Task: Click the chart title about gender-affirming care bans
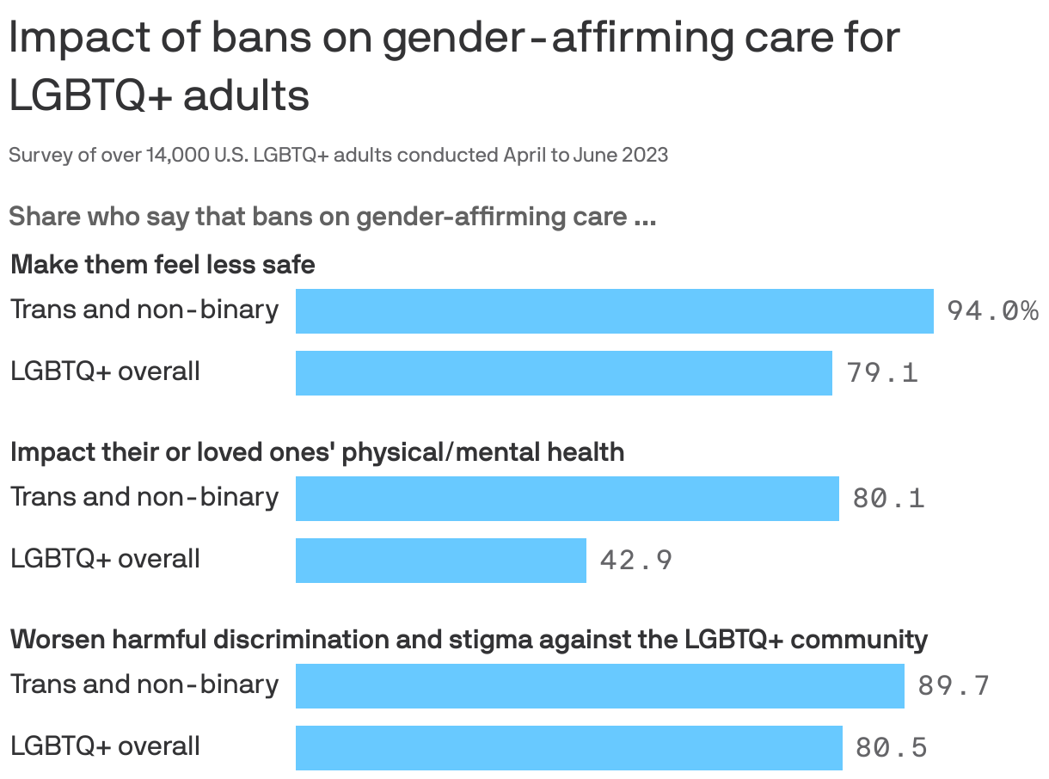coord(454,66)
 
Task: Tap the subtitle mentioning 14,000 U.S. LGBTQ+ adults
coord(338,156)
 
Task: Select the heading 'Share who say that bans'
coord(332,217)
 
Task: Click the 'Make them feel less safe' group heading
coord(163,264)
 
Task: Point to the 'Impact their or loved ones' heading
coord(317,451)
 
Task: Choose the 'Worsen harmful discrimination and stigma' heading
coord(469,639)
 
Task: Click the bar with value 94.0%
coord(614,310)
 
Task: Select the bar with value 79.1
coord(563,372)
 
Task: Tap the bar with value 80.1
coord(567,498)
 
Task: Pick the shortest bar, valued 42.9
coord(440,560)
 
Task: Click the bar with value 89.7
coord(599,685)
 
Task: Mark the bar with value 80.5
coord(568,747)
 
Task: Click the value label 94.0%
coord(992,310)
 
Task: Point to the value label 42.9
coord(635,561)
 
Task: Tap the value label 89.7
coord(954,686)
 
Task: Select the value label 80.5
coord(891,748)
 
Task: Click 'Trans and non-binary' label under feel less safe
coord(144,310)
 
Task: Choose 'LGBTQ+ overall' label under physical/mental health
coord(105,559)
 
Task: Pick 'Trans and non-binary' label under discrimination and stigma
coord(144,684)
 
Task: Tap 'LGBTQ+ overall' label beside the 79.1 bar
coord(105,371)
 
